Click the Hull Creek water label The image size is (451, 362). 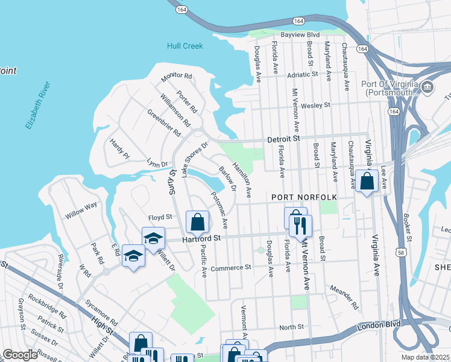point(185,46)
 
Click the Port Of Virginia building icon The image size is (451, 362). point(427,88)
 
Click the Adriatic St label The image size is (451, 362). point(302,75)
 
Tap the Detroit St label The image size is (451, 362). point(284,139)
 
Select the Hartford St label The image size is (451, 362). point(202,240)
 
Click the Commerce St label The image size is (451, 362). point(230,267)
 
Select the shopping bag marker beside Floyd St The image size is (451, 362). point(197,223)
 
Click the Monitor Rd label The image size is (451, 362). point(176,77)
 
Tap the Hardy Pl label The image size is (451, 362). point(119,148)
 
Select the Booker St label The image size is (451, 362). point(408,227)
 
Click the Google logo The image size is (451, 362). point(20,355)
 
